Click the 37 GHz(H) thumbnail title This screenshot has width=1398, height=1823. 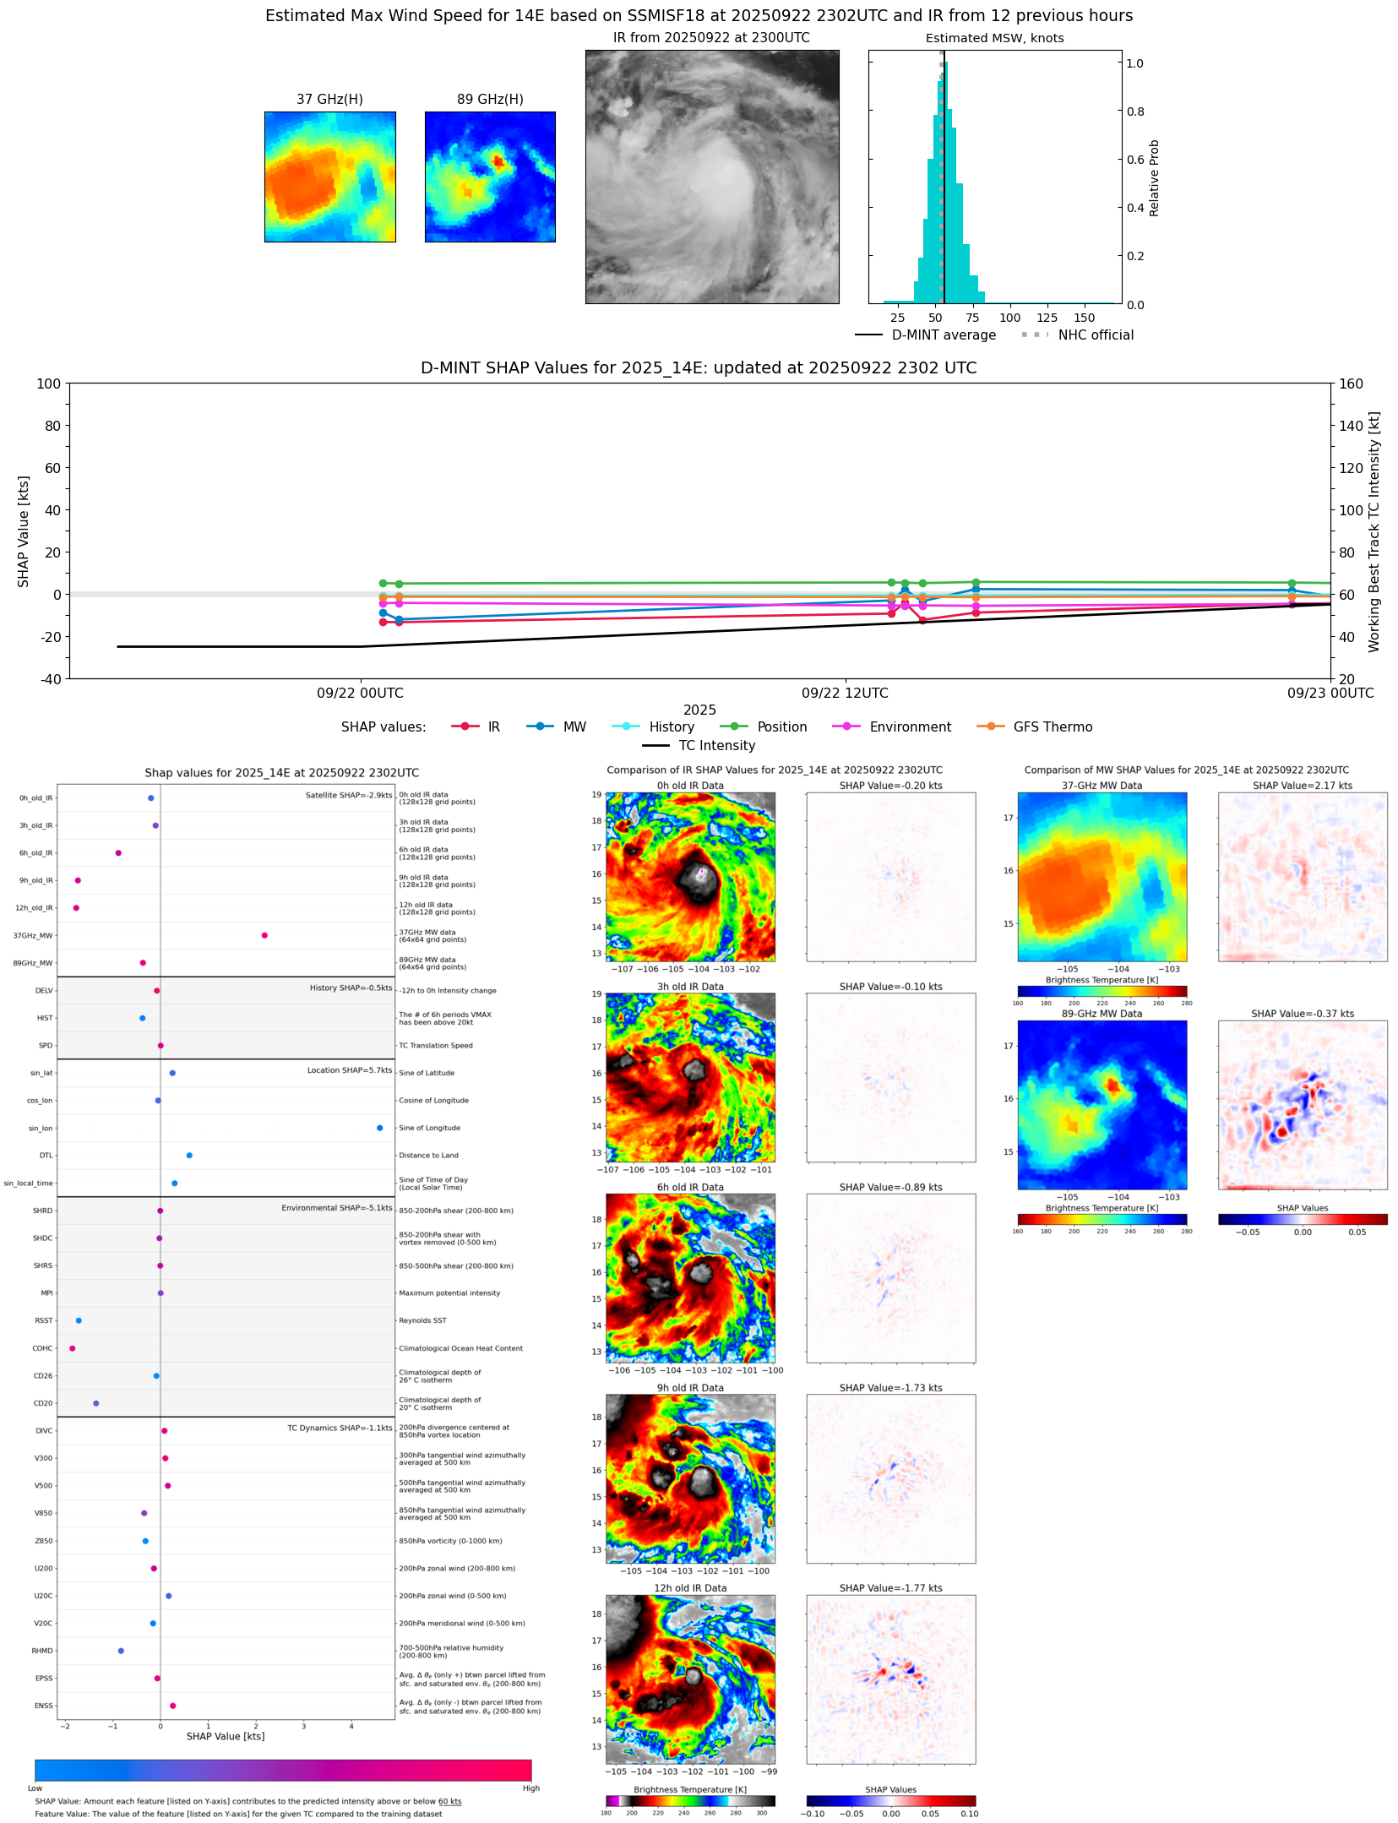(329, 100)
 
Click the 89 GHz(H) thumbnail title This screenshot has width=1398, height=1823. (490, 100)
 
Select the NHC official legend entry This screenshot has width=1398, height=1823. (1096, 335)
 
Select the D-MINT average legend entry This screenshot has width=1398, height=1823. (944, 335)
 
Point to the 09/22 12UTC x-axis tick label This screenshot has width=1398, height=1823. (845, 694)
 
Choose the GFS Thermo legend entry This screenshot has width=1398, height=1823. (1053, 727)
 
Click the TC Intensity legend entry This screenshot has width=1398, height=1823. (716, 746)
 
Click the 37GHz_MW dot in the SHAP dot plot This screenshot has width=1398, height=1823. (264, 935)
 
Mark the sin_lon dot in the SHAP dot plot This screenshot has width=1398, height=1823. (380, 1128)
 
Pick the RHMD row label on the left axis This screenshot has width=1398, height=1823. (42, 1651)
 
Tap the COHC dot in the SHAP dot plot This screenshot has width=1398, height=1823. (73, 1348)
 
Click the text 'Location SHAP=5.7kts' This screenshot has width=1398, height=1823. (349, 1070)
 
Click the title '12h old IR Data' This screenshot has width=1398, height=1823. (690, 1588)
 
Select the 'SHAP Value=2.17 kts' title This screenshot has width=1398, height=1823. (1302, 786)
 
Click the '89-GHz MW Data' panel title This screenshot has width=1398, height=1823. (1102, 1014)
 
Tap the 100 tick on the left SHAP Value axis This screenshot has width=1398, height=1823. (48, 384)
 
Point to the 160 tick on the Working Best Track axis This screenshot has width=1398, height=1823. (1351, 384)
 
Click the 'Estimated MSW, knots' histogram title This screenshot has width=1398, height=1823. (994, 39)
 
